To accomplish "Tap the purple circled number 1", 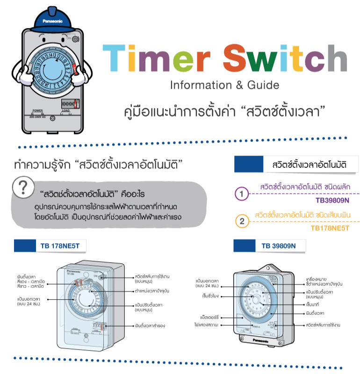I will coord(241,193).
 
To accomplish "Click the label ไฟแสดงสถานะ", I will coord(208,324).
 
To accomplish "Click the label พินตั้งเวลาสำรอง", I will coord(150,325).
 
